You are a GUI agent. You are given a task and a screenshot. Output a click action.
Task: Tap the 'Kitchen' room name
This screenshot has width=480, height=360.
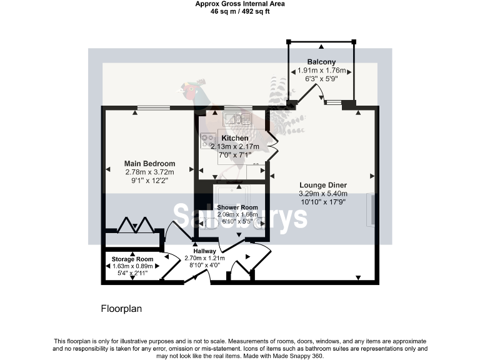tap(235, 138)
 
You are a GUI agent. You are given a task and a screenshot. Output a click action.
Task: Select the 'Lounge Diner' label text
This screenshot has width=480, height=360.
tap(322, 185)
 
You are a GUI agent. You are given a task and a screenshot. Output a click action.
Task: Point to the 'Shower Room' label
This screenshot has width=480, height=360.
tap(237, 207)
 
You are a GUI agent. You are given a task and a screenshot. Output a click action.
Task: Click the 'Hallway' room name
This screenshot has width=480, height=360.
tap(204, 251)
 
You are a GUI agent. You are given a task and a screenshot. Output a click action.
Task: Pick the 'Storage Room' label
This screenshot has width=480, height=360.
tap(132, 259)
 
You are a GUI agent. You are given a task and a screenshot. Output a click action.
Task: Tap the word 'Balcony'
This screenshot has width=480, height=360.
tap(321, 62)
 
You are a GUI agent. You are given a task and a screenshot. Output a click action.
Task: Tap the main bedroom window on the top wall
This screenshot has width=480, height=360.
tap(154, 108)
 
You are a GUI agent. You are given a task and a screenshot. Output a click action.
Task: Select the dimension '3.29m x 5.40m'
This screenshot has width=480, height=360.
tap(322, 194)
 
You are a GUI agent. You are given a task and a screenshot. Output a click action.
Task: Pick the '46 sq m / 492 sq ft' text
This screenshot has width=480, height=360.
tap(240, 11)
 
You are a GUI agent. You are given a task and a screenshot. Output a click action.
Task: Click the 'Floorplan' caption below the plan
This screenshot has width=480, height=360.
tap(122, 309)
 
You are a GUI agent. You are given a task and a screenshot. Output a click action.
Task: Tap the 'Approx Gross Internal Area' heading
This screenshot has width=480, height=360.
tap(240, 3)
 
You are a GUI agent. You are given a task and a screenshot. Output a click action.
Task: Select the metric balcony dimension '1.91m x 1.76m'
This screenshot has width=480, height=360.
tap(321, 71)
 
